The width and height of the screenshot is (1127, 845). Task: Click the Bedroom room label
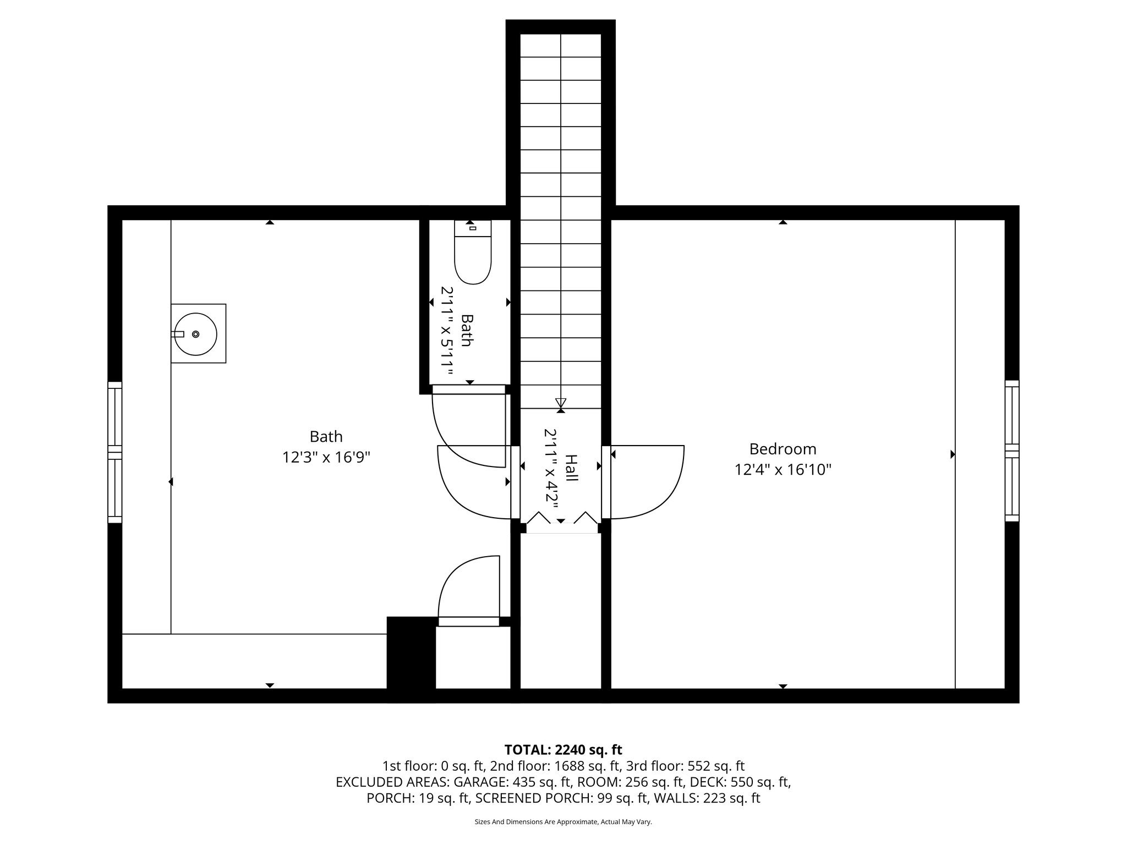782,449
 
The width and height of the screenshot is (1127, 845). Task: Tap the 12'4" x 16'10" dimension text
782,470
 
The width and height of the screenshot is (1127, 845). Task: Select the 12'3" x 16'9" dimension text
326,457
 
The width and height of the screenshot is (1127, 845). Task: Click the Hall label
572,468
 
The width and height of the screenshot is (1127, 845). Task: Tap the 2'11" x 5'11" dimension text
446,331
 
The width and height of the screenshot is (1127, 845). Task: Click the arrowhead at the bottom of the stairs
561,402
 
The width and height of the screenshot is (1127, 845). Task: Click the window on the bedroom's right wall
1011,451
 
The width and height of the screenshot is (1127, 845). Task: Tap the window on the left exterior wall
114,452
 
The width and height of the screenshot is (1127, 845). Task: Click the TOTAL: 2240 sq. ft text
563,750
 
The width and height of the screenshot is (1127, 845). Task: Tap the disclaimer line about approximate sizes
563,822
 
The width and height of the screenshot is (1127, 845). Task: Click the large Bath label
326,437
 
